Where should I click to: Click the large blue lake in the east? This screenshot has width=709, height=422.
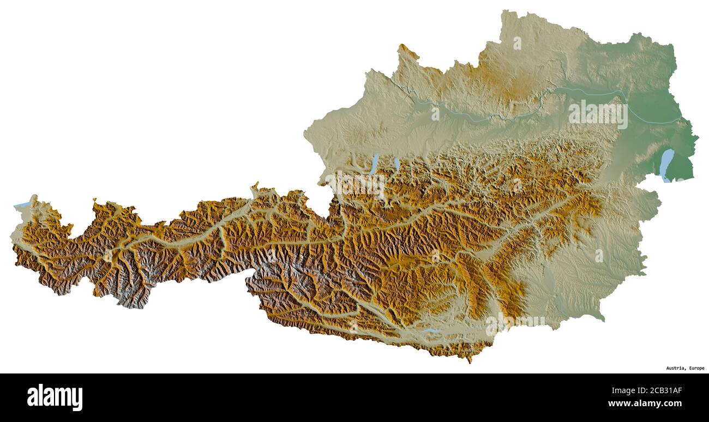point(666,165)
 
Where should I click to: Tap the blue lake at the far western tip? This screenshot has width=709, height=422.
point(22,205)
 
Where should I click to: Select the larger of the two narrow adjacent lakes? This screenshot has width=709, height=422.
point(374,164)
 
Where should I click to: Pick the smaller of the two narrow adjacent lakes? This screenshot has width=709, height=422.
point(396,163)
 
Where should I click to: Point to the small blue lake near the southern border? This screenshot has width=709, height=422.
point(431,331)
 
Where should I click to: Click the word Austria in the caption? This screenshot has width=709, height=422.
point(675,368)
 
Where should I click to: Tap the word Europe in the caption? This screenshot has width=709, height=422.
point(696,368)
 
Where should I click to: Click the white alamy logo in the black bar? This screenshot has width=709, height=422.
point(55,397)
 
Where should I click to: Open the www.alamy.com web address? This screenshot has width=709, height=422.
point(645,404)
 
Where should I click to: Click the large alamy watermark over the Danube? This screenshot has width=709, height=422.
point(598,114)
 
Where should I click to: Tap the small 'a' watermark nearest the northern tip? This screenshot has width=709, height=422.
point(516,43)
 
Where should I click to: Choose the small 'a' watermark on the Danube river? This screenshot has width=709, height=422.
point(435,114)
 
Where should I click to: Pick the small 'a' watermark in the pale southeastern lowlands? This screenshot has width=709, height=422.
point(599,255)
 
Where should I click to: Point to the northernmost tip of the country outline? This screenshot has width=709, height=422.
point(504,10)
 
